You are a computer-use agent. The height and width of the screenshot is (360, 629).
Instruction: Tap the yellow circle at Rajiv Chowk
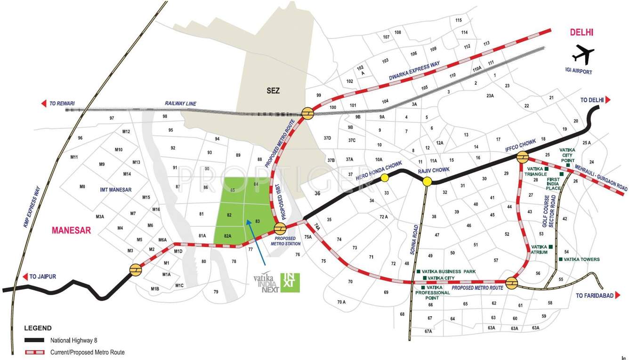coord(427,182)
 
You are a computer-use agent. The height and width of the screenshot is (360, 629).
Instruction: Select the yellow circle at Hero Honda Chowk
coord(385,177)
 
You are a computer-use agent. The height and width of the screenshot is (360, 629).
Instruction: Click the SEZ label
coord(273,90)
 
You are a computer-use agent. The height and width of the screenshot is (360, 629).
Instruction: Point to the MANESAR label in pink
coord(71,231)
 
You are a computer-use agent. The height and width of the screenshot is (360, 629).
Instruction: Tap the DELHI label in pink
coord(581,32)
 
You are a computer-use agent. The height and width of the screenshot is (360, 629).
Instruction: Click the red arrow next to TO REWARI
coord(44,104)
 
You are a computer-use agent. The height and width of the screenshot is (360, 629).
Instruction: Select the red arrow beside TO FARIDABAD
coord(618,296)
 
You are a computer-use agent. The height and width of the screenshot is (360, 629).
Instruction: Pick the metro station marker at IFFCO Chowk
coord(523,157)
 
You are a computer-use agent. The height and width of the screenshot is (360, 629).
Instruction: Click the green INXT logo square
coord(290,282)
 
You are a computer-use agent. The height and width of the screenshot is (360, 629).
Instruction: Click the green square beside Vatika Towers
coord(560,259)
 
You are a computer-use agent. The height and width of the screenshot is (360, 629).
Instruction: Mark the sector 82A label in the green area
coord(227,236)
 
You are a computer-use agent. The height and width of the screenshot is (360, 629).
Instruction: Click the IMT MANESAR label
coord(116,190)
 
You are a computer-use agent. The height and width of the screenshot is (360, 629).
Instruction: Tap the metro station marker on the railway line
coord(308,113)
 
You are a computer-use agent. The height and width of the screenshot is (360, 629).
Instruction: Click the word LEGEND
coord(38,328)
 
